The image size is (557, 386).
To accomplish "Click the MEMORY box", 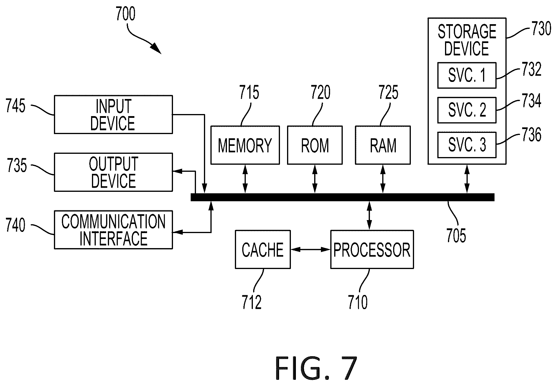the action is pos(245,145).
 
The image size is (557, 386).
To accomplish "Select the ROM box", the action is pos(315,145).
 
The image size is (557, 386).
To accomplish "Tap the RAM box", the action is pos(383,145).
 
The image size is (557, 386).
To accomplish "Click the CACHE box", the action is pos(263,249).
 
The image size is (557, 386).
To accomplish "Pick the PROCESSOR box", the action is pos(372,249).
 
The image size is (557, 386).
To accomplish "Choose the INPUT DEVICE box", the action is pos(113,114).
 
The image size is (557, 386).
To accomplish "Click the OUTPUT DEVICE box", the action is pos(113,172).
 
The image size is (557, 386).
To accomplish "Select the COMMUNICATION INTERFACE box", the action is pos(113,230).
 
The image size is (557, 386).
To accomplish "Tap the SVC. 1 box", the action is pos(467,75).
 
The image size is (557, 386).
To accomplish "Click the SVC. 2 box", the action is pos(467,110).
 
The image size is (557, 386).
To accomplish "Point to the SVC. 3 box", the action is pos(467,145).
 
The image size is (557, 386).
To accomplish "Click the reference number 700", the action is pos(126,14).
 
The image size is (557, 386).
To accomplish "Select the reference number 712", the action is pos(252,302).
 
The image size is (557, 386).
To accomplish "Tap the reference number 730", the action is pos(541,29).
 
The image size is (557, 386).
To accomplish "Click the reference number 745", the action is pos(16,106).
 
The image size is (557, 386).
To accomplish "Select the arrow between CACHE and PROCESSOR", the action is pos(310,249).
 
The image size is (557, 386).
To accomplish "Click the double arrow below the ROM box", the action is pos(315,179).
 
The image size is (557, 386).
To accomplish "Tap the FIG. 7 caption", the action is pos(316,368).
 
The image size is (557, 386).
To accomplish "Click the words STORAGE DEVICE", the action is pos(467,40).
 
